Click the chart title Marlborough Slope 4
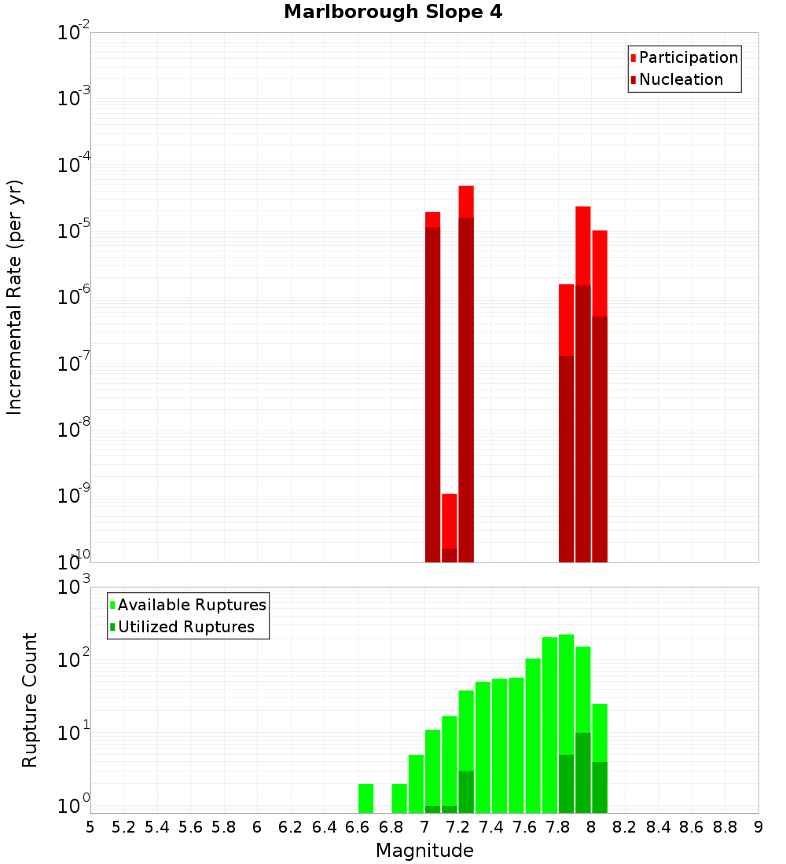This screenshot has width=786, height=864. click(392, 12)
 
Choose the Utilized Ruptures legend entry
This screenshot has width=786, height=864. click(185, 627)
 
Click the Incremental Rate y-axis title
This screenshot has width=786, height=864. click(15, 297)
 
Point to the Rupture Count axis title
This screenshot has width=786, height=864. click(30, 700)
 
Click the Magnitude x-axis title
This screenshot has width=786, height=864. click(424, 850)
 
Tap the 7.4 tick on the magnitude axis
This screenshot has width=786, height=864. click(491, 827)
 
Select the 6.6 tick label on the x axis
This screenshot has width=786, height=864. click(358, 827)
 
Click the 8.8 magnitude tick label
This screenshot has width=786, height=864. click(725, 827)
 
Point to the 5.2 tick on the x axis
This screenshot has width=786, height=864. click(123, 827)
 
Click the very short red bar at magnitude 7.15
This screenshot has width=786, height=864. click(450, 527)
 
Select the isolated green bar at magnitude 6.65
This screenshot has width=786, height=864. click(365, 797)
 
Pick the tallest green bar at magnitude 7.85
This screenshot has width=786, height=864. click(567, 723)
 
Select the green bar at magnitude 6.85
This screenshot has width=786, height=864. click(399, 797)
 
